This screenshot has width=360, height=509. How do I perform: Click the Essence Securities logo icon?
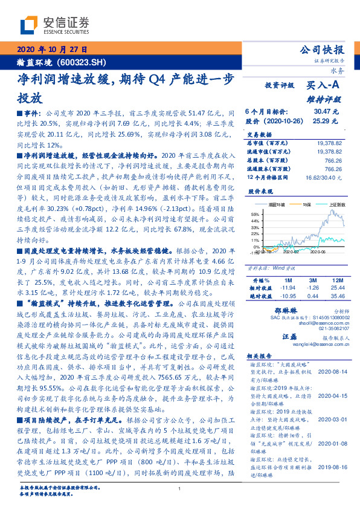(29, 25)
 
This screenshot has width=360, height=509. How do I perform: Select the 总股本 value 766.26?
(333, 161)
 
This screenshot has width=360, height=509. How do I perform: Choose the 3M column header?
(312, 281)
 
